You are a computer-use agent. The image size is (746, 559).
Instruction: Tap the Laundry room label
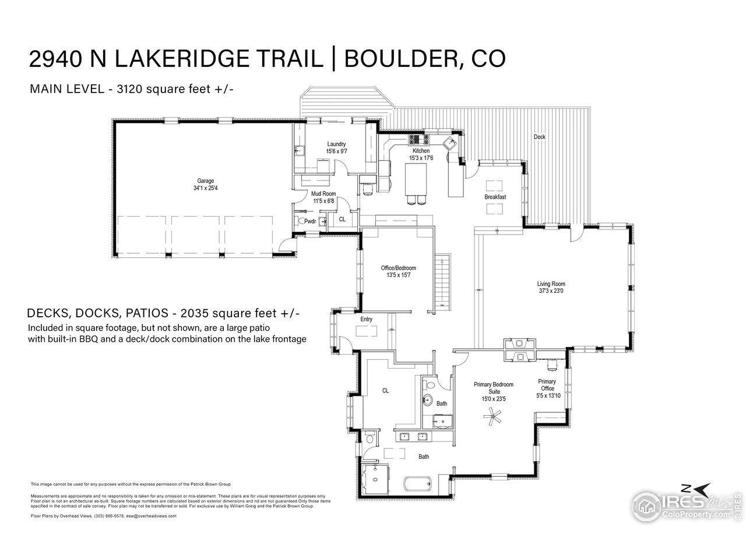pyautogui.click(x=336, y=144)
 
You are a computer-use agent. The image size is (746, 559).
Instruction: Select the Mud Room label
pyautogui.click(x=323, y=193)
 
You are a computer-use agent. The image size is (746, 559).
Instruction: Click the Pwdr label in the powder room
pyautogui.click(x=309, y=221)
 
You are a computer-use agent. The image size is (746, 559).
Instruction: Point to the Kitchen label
pyautogui.click(x=421, y=151)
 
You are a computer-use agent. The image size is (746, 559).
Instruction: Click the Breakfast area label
pyautogui.click(x=495, y=197)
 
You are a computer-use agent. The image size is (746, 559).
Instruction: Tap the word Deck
pyautogui.click(x=539, y=137)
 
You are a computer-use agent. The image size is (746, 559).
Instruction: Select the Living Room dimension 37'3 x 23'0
pyautogui.click(x=551, y=291)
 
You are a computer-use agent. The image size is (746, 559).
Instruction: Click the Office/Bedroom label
pyautogui.click(x=398, y=268)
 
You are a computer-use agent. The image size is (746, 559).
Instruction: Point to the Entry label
pyautogui.click(x=366, y=319)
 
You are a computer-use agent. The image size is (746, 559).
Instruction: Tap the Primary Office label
pyautogui.click(x=547, y=385)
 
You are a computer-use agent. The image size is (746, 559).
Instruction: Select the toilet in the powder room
pyautogui.click(x=301, y=221)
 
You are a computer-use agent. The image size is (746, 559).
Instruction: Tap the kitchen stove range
pyautogui.click(x=419, y=140)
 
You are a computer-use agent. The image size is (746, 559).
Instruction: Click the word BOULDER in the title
pyautogui.click(x=396, y=59)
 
